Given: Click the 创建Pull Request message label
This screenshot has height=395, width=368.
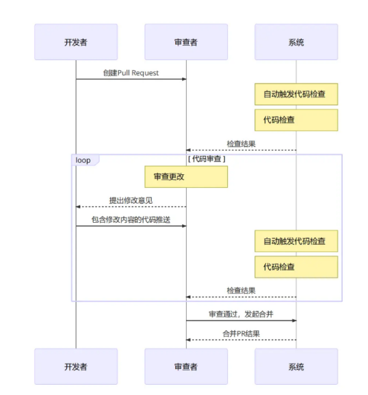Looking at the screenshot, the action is [131, 73].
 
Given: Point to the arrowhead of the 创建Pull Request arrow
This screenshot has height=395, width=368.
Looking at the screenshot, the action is [185, 79].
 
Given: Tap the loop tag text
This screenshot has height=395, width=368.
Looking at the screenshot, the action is [83, 160].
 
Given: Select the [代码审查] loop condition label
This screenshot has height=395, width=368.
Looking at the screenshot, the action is [207, 159].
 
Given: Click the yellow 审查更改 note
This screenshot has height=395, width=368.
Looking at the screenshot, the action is [186, 176].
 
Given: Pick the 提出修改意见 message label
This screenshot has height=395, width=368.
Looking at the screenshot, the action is [131, 200].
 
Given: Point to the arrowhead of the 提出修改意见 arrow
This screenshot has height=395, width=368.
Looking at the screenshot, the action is [78, 207].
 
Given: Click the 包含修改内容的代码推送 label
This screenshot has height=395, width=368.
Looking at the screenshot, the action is [131, 219].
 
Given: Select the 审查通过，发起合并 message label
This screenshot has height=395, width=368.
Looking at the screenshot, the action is [241, 314].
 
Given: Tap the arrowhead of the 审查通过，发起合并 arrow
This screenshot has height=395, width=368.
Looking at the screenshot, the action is [294, 321].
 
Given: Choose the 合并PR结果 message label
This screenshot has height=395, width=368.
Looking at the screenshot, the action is [241, 333].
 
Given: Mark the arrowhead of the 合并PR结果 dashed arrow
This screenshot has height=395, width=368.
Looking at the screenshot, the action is [188, 340].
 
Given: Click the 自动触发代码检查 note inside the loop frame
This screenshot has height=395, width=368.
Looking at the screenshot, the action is [296, 241].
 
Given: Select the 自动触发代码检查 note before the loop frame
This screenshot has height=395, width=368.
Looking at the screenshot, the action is [296, 94].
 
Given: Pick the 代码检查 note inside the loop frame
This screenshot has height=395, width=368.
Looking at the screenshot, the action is [296, 267].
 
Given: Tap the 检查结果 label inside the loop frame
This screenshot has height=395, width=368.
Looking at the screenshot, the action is [241, 290].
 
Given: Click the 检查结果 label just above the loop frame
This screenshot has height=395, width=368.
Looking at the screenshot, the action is [241, 144].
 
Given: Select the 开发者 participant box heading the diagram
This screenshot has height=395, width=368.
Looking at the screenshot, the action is [76, 42].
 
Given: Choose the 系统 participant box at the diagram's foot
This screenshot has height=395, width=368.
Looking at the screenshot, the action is [296, 366].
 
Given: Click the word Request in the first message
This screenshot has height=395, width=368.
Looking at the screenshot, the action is [145, 73].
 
